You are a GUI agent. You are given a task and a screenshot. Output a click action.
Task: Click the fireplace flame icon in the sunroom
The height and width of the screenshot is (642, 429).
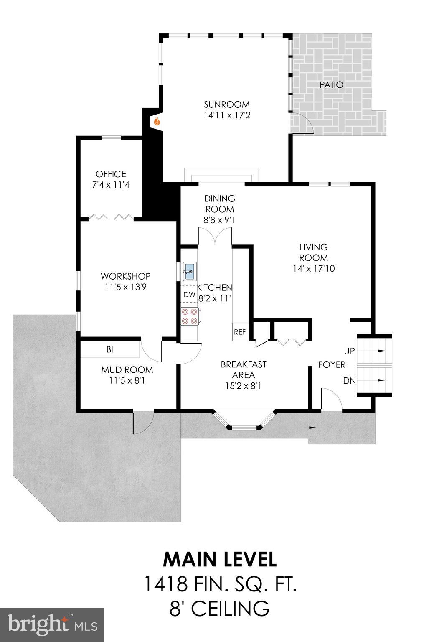(157, 122)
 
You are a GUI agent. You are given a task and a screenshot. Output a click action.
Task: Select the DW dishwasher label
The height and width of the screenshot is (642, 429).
(189, 295)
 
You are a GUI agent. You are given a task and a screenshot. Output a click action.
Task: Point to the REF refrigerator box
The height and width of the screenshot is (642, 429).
(240, 332)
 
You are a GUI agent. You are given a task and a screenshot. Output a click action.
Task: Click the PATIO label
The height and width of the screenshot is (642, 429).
(331, 85)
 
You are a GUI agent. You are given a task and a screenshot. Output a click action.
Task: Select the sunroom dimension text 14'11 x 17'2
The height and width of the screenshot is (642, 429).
(227, 115)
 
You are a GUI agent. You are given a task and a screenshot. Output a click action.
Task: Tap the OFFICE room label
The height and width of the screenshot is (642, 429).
(111, 174)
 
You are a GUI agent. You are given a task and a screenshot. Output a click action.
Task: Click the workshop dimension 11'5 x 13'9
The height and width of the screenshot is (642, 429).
(125, 287)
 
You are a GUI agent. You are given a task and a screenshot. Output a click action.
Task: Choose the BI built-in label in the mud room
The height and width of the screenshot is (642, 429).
(109, 350)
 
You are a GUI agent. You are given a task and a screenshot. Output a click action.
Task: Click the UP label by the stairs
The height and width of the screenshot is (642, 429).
(349, 351)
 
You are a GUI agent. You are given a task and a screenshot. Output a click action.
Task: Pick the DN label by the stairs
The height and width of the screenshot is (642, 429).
(349, 381)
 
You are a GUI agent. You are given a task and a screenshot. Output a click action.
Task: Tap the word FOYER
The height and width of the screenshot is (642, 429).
(332, 364)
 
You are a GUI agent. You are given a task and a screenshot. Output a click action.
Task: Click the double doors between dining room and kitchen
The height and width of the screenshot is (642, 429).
(215, 237)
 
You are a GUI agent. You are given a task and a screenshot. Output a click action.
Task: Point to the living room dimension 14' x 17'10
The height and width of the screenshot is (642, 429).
(313, 268)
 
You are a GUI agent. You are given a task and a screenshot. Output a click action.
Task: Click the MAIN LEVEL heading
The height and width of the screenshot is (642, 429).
(220, 559)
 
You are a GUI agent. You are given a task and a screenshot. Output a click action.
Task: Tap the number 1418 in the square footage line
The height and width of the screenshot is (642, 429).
(165, 584)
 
